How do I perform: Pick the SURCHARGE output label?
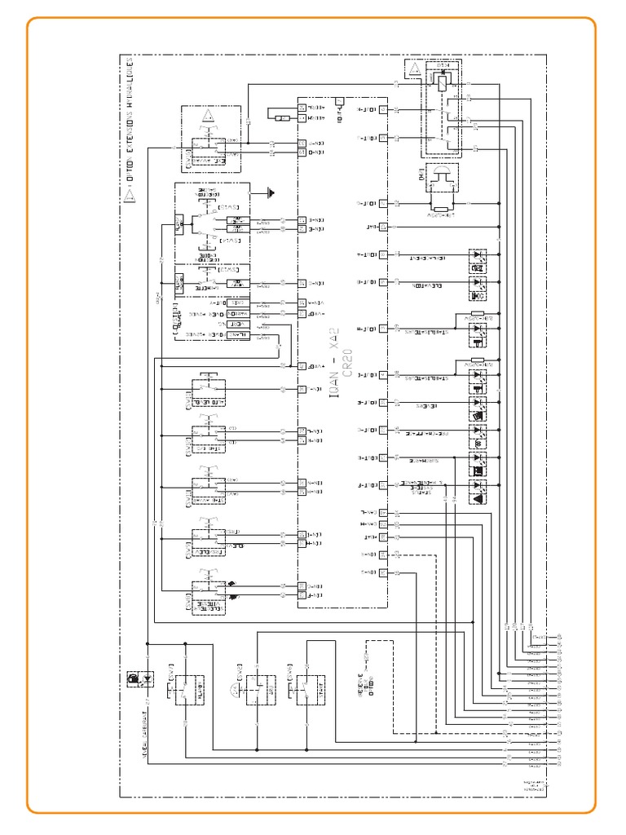click(421, 458)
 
